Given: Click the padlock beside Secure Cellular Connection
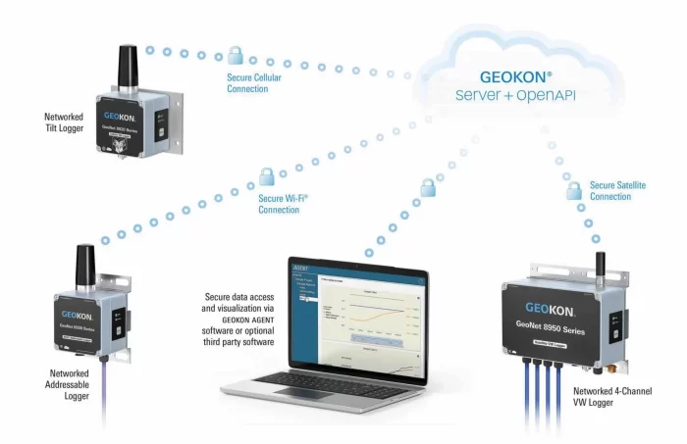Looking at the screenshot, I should pos(235,55).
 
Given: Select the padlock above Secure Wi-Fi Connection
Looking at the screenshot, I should pos(266,177).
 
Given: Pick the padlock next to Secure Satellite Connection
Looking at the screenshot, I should pos(574,189).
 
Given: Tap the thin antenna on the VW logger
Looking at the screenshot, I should pos(601,264).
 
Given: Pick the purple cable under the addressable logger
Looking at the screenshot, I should pos(101,392).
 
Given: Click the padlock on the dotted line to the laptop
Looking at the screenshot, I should pos(427,186).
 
